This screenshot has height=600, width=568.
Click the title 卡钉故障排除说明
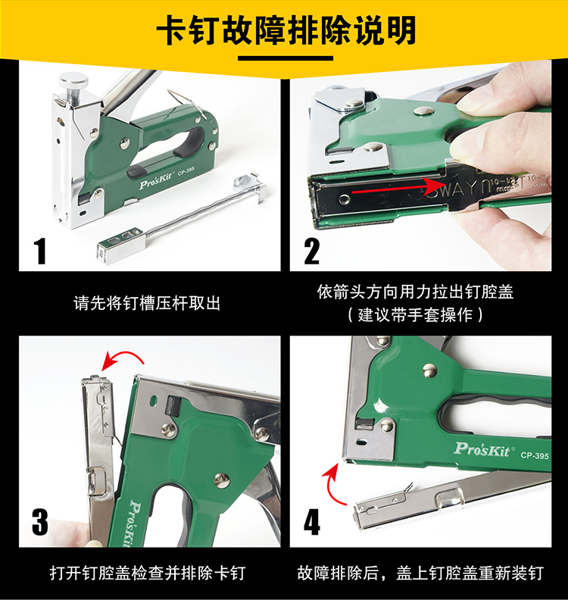(286, 30)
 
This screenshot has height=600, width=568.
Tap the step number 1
(40, 251)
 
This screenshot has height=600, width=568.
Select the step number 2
(312, 251)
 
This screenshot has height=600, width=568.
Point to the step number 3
(40, 522)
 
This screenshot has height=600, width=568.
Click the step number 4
(312, 522)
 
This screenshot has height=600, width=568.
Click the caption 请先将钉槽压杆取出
(147, 304)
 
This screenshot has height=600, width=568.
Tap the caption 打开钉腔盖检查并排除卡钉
(147, 573)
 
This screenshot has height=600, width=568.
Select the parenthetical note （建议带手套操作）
(415, 315)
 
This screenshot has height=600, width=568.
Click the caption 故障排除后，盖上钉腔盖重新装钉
(420, 573)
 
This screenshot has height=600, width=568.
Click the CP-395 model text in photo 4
(535, 455)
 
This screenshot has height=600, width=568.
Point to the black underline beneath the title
(286, 58)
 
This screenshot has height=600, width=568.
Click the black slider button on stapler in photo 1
(136, 171)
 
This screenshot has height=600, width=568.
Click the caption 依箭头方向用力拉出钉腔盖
(415, 292)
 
